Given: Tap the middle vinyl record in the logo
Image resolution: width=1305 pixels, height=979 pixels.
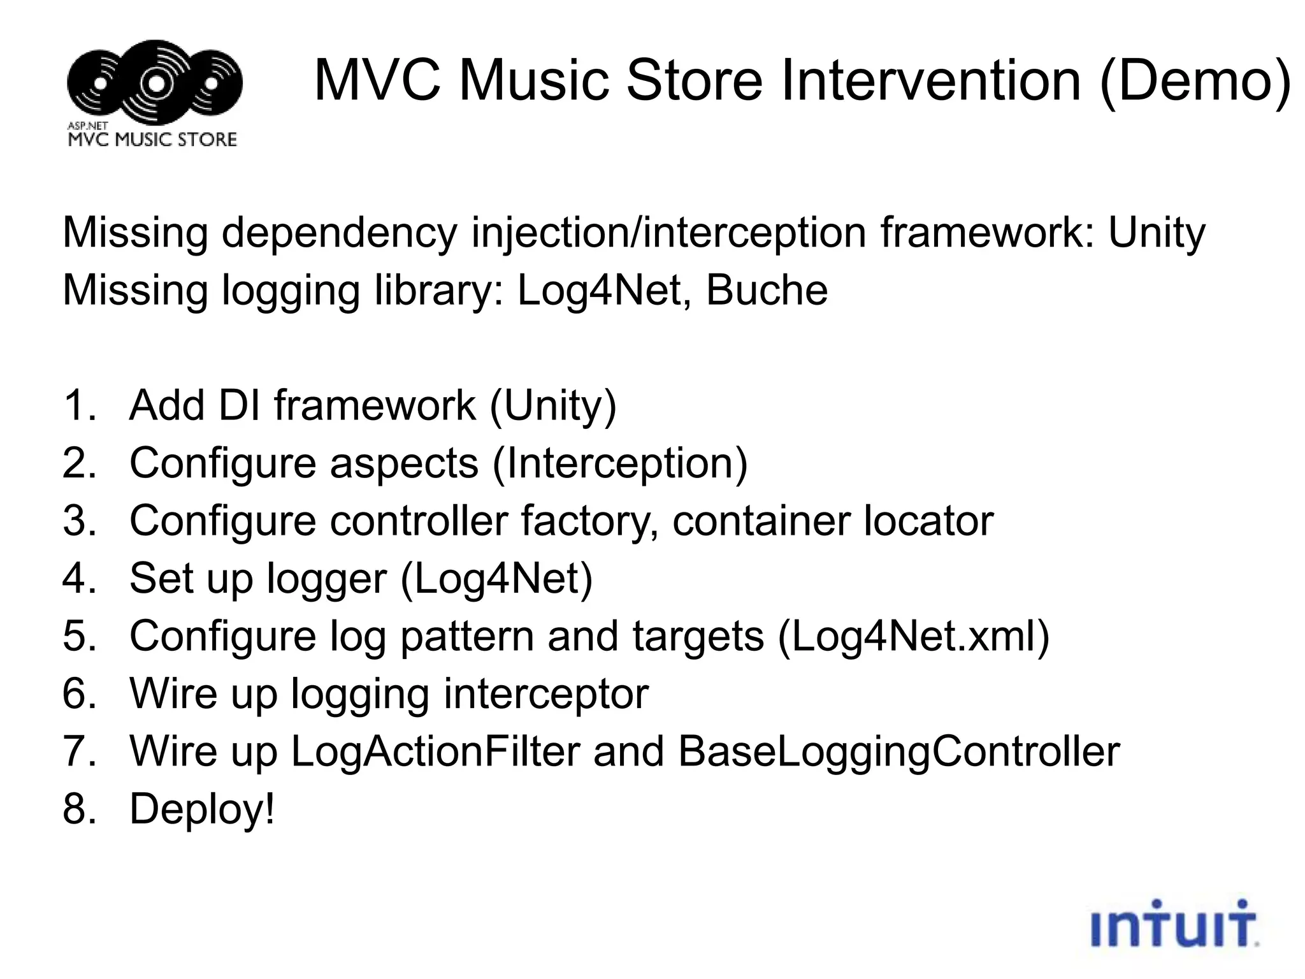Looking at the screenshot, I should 155,82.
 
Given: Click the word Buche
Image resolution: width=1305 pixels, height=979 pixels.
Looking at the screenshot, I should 767,290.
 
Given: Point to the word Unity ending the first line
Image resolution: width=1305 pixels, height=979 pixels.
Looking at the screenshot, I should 1157,233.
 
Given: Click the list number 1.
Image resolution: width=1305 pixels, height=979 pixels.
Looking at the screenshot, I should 78,405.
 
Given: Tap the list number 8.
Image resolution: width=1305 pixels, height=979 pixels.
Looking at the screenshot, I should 78,809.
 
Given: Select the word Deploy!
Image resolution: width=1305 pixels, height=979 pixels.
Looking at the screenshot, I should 202,809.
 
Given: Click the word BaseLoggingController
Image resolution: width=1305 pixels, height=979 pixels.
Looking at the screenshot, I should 898,751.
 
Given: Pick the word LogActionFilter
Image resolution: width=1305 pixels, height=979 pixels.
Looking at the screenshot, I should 435,751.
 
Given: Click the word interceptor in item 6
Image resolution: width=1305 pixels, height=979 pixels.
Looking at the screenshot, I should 546,693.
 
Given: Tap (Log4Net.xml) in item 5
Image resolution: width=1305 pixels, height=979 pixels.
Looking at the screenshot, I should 913,636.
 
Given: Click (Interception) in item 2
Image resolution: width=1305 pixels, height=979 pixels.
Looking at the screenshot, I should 620,463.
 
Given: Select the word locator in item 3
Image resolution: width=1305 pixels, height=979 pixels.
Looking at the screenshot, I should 928,521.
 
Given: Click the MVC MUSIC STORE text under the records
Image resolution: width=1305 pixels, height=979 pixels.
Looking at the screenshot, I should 152,139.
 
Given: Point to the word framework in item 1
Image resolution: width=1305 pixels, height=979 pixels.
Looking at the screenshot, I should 375,405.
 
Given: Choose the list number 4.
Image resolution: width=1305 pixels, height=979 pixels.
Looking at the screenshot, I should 78,579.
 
